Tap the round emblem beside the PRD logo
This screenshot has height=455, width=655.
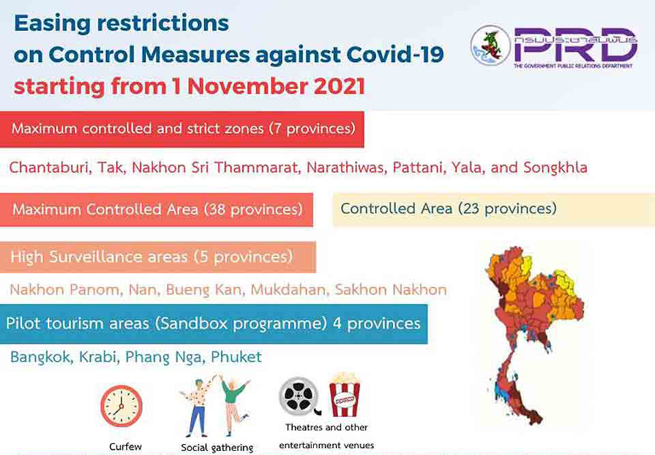[x=490, y=45]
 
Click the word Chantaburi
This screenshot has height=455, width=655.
[x=50, y=167]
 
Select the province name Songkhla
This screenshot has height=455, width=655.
[x=555, y=167]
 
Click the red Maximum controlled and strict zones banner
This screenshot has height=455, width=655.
[x=181, y=129]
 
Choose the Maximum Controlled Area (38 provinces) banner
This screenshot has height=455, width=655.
[x=156, y=210]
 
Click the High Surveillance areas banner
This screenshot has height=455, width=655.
[x=158, y=257]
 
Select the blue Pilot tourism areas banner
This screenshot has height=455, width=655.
[x=214, y=324]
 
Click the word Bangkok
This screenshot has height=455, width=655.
[x=40, y=357]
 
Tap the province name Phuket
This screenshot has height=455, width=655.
[x=236, y=357]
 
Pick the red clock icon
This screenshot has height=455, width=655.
[x=121, y=406]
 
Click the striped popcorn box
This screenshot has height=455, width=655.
[x=345, y=395]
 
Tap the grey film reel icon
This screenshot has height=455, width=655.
[x=299, y=396]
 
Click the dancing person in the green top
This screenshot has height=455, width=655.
[x=233, y=404]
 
